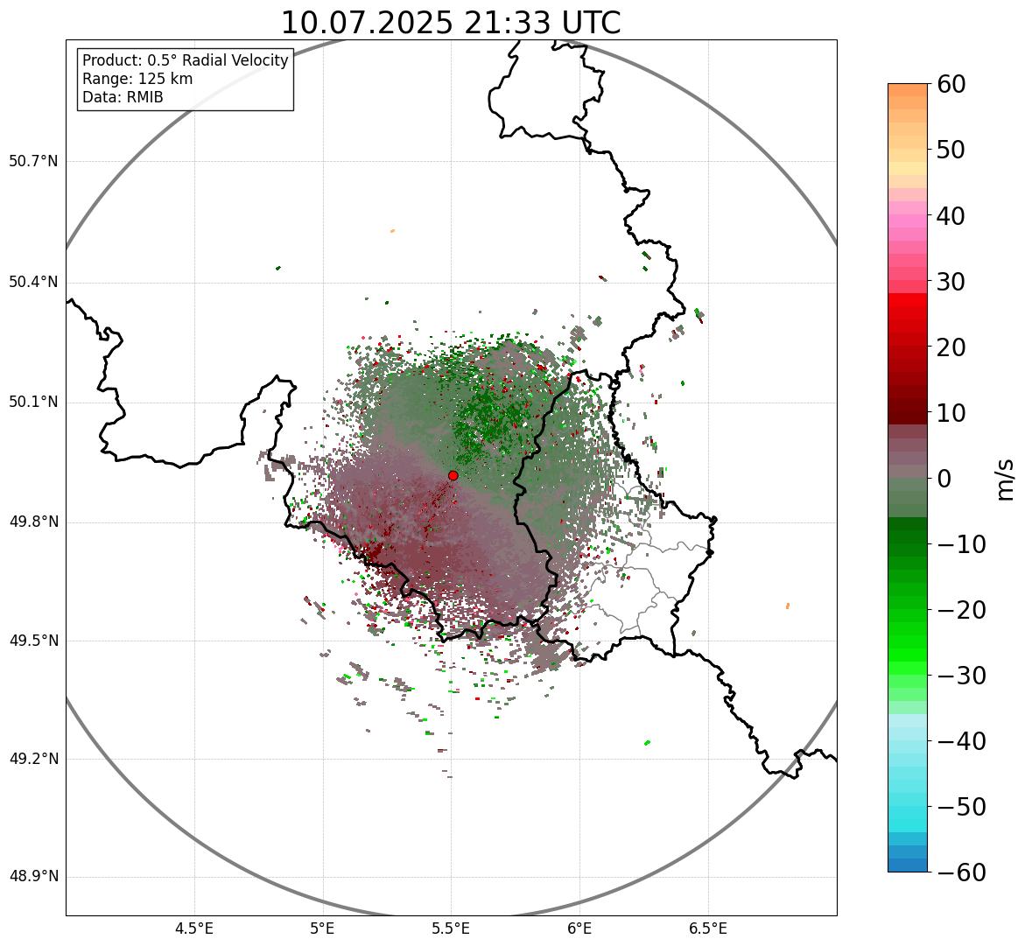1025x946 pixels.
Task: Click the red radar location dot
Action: (x=453, y=475)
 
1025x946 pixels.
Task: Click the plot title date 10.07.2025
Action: (x=367, y=23)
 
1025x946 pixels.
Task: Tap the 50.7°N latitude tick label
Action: (x=33, y=161)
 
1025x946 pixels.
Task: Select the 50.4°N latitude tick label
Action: (x=33, y=282)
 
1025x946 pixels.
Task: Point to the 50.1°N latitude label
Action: (x=33, y=403)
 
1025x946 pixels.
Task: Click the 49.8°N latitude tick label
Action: (x=33, y=522)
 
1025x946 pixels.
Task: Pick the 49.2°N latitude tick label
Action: (x=33, y=759)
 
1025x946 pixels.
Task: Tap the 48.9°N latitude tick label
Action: (x=33, y=877)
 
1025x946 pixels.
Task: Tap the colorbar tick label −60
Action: (x=961, y=872)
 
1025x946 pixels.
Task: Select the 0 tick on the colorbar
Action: (x=944, y=479)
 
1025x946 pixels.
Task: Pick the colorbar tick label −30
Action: (x=961, y=676)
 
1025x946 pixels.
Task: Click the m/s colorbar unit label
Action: (x=1006, y=479)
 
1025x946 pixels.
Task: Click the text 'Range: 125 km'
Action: (x=137, y=79)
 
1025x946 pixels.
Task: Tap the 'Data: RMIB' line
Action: (x=123, y=97)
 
